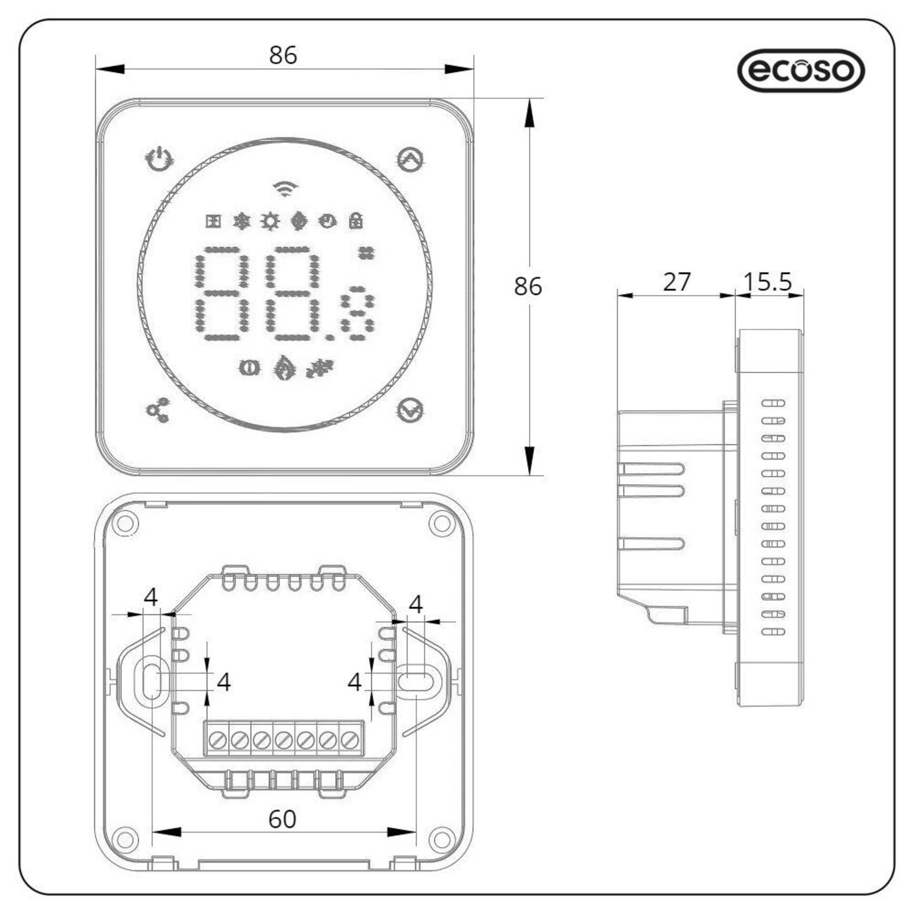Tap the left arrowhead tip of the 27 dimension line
pyautogui.click(x=618, y=295)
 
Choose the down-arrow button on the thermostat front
pyautogui.click(x=410, y=409)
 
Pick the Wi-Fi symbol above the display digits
pyautogui.click(x=285, y=189)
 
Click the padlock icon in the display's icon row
pyautogui.click(x=356, y=220)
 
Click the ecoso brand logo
pyautogui.click(x=801, y=70)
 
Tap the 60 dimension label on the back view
pyautogui.click(x=282, y=819)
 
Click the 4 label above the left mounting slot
pyautogui.click(x=150, y=597)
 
